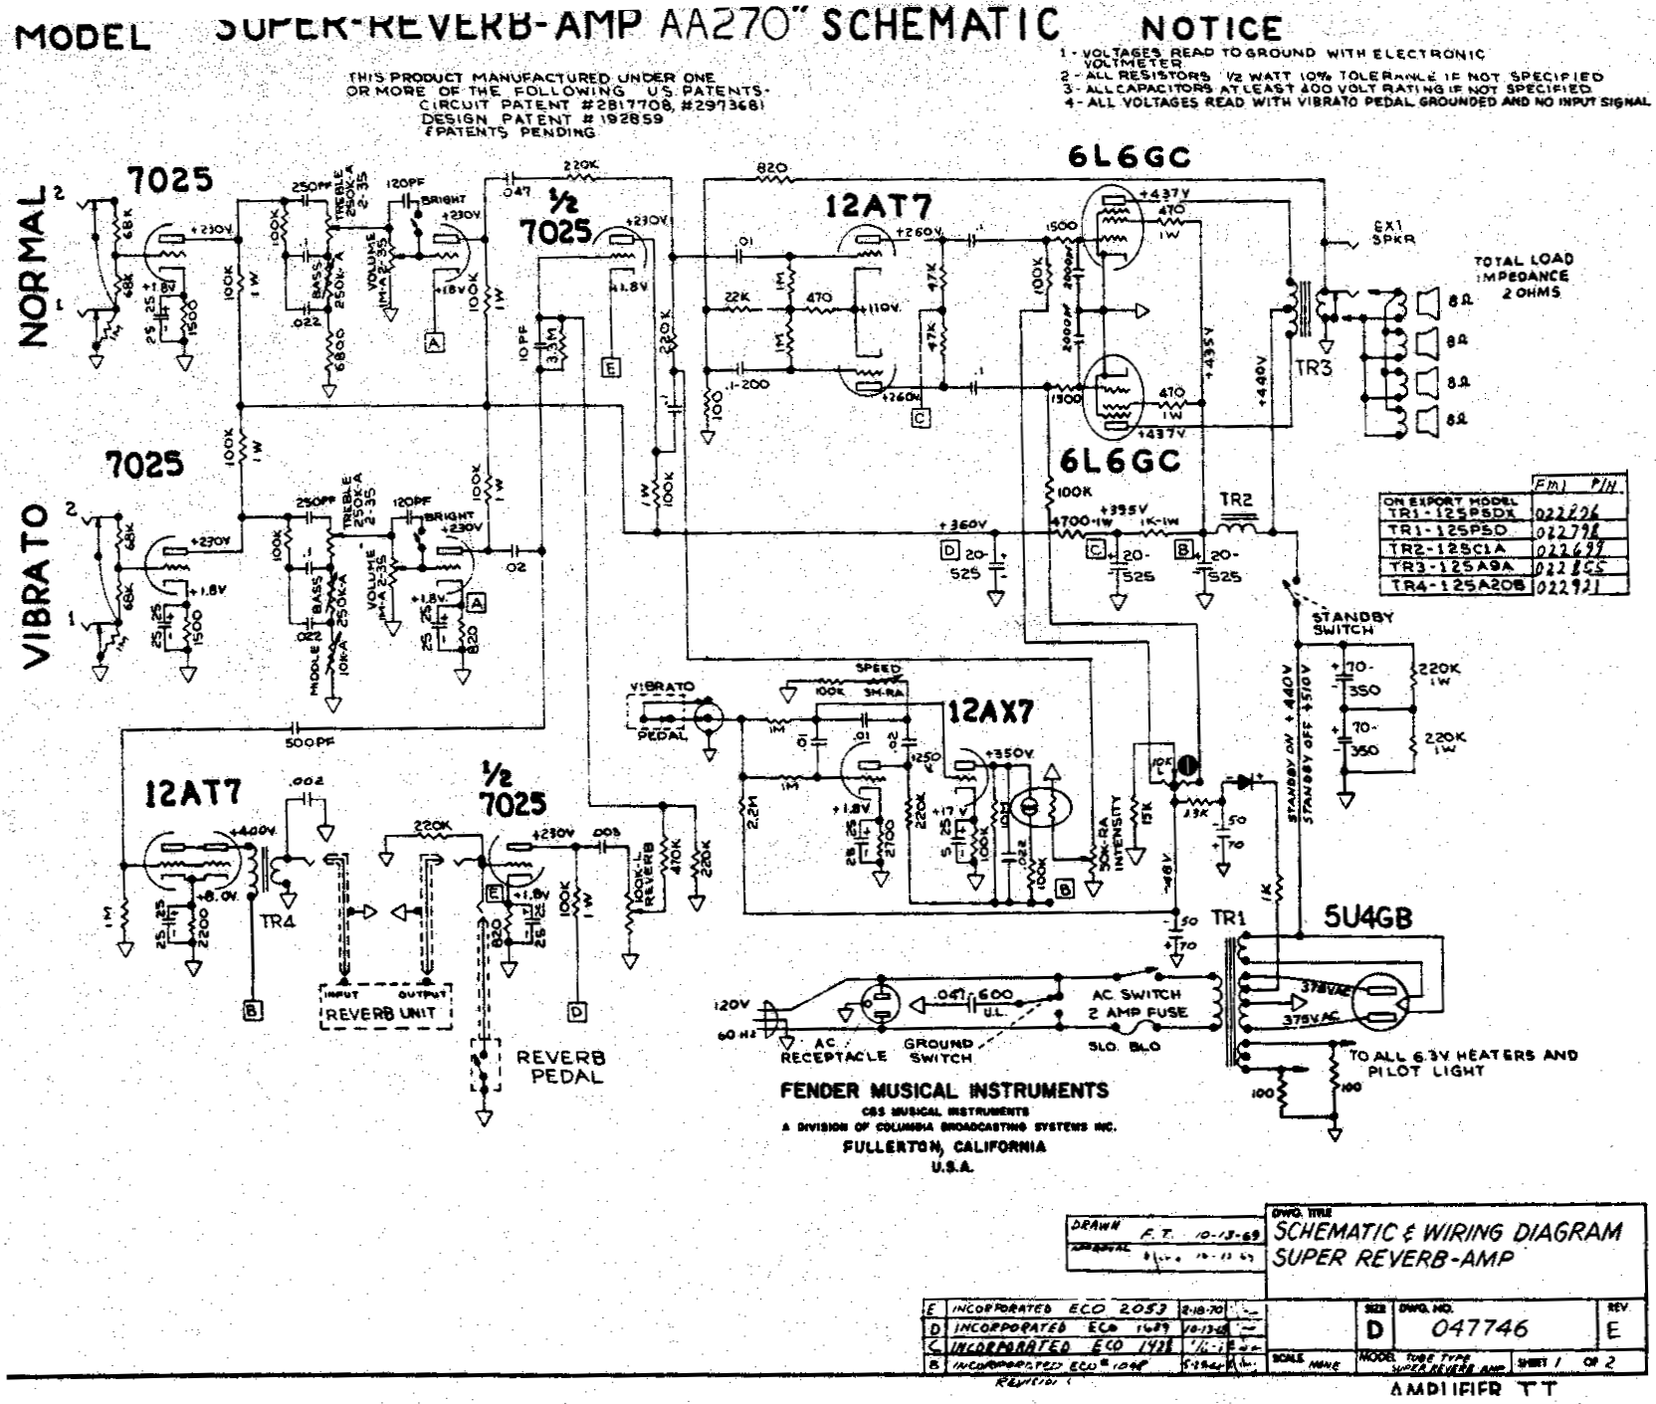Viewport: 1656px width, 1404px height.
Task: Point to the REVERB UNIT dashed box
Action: pos(385,1006)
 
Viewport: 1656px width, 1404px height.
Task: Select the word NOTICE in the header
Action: pos(1211,29)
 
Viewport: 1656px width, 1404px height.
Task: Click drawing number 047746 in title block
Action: pos(1479,1328)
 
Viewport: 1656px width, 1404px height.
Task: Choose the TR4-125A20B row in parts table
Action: pos(1457,586)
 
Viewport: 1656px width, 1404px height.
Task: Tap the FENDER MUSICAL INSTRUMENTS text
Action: pos(944,1091)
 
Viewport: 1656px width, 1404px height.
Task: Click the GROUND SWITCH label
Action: pos(937,1051)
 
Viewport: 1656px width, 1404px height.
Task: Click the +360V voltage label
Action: pos(962,524)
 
